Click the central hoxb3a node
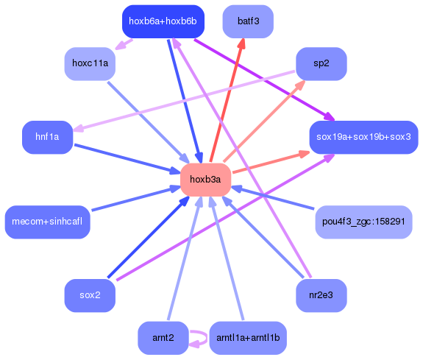(x=205, y=180)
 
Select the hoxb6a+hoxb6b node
(x=162, y=21)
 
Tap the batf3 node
(x=248, y=21)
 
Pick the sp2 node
(x=321, y=63)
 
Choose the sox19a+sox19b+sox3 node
(x=363, y=137)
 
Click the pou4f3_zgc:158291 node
(x=363, y=222)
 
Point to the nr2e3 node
(x=321, y=295)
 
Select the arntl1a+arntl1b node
(x=248, y=338)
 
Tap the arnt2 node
(x=163, y=338)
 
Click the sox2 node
(x=90, y=295)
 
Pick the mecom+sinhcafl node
(x=48, y=222)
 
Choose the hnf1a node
(x=47, y=137)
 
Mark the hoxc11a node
(x=90, y=63)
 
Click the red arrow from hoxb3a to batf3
(x=227, y=103)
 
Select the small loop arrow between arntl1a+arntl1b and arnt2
(x=198, y=338)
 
